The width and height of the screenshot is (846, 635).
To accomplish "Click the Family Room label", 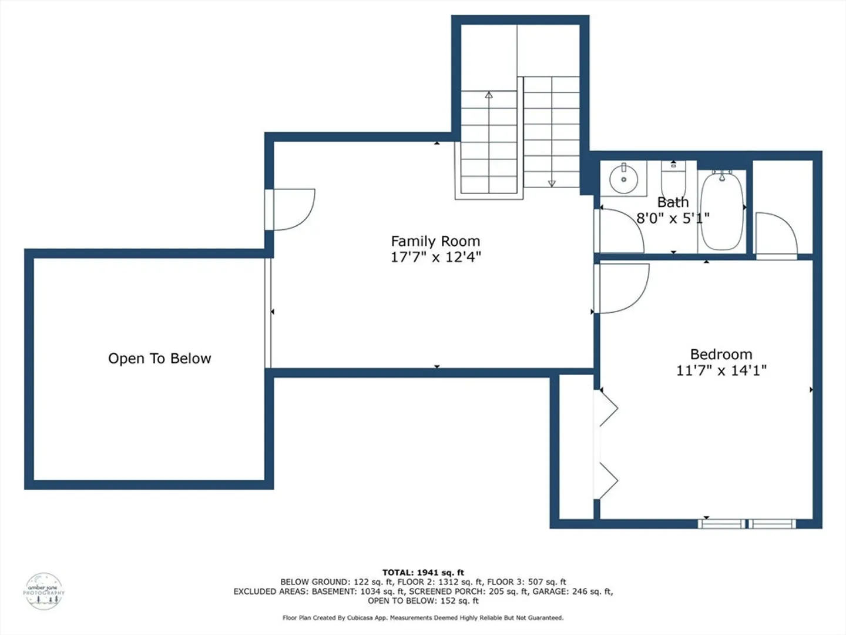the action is [x=435, y=241].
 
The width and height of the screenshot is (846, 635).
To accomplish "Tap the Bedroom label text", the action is [x=721, y=355].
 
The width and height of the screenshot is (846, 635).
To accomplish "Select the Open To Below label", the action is [x=160, y=359].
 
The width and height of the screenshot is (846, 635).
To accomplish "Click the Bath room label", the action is [x=673, y=202].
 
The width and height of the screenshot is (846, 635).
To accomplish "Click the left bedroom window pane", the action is [x=721, y=523].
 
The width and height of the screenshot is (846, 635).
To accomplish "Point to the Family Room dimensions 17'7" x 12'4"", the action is [x=436, y=257].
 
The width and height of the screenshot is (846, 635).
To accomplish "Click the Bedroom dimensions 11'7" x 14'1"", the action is [x=721, y=370].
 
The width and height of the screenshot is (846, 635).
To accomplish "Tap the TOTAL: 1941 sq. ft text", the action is [x=423, y=573].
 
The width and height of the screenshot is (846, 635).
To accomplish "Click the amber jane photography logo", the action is [x=44, y=591].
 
